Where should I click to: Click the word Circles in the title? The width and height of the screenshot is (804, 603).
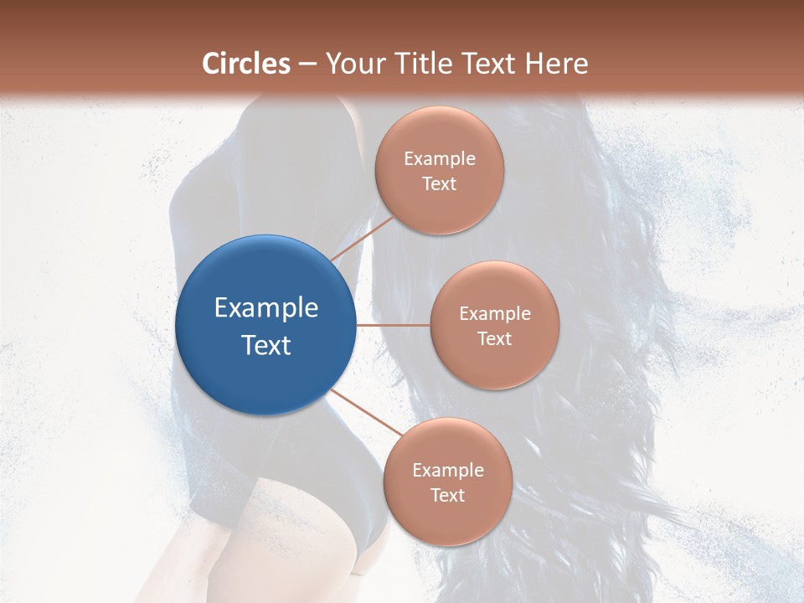tap(246, 64)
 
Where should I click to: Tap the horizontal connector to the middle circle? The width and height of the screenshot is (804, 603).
tap(393, 325)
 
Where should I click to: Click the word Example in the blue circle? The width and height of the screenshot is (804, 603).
tap(266, 307)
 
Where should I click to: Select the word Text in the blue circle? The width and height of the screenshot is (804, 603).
tap(266, 345)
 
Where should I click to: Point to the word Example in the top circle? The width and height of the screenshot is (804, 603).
tap(439, 158)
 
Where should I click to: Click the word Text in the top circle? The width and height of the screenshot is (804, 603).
tap(439, 183)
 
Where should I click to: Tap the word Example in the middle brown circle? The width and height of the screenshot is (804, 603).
tap(494, 313)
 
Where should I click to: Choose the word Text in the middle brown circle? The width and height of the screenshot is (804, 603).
tap(494, 338)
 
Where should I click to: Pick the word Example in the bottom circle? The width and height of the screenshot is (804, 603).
tap(447, 470)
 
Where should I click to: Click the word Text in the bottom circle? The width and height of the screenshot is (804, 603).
tap(447, 495)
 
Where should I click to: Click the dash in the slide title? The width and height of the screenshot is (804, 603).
tap(307, 64)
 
